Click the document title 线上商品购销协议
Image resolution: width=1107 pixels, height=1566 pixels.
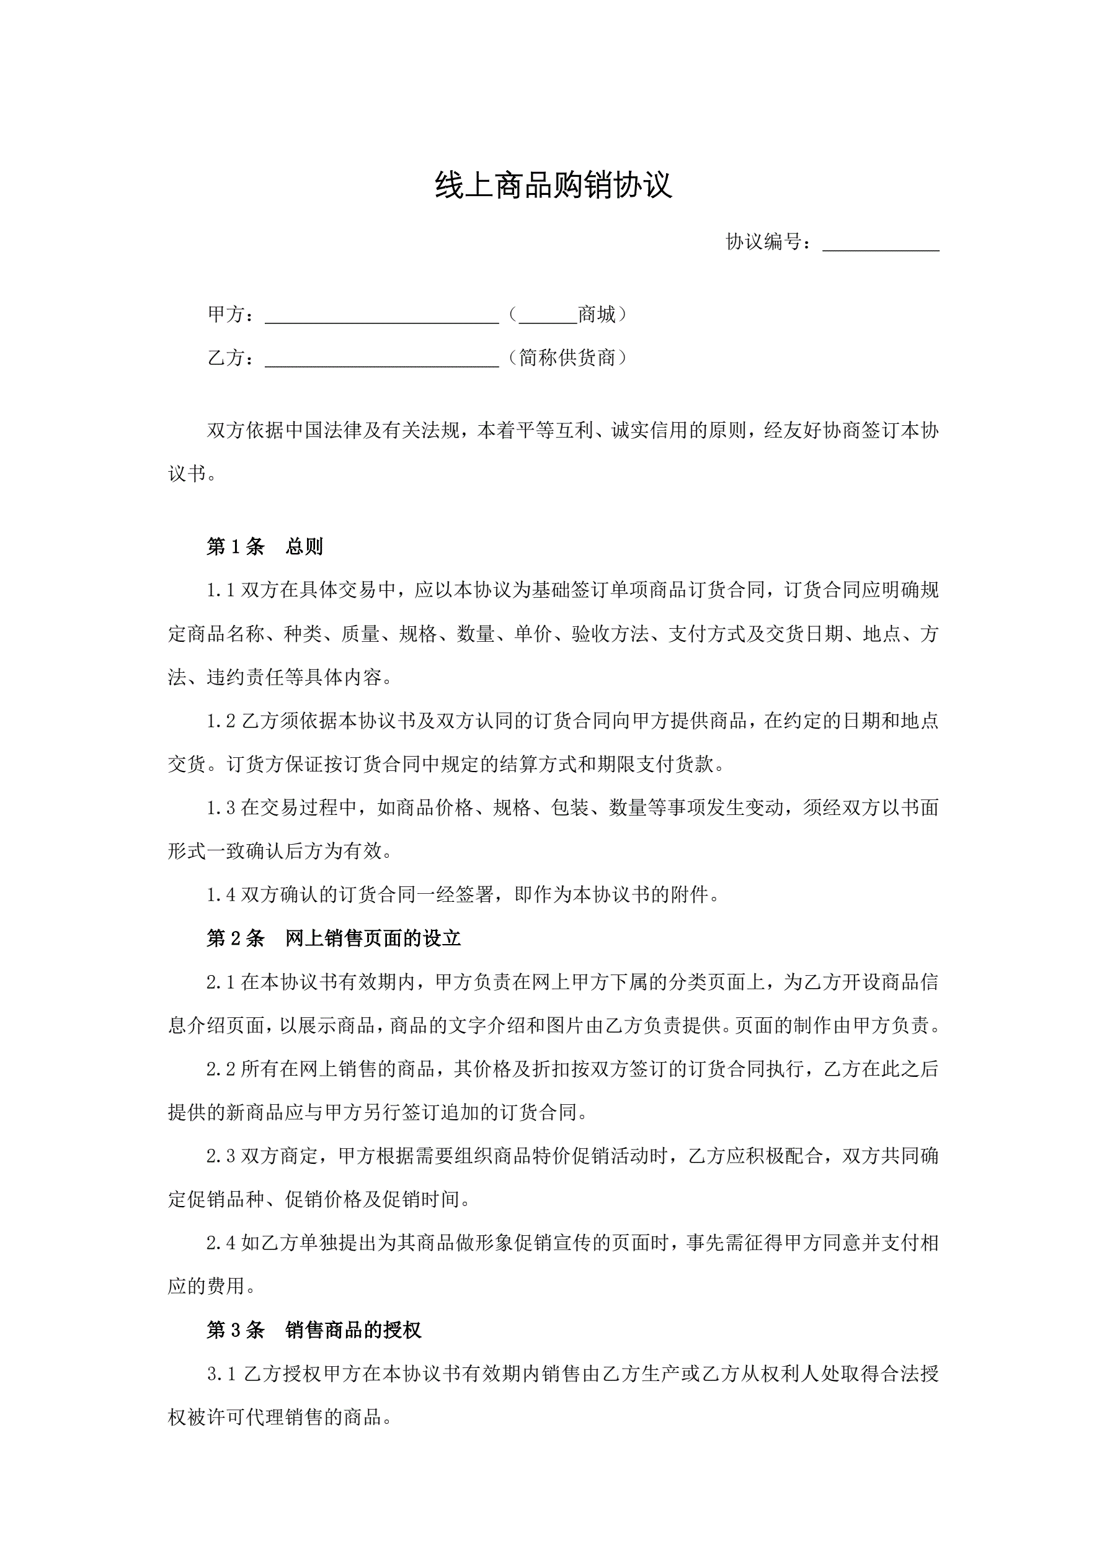pyautogui.click(x=553, y=186)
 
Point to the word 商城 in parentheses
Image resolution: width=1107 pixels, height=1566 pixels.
pyautogui.click(x=597, y=315)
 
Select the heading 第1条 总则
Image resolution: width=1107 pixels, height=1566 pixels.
pyautogui.click(x=264, y=547)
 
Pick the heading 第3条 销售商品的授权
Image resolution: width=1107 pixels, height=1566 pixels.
pyautogui.click(x=314, y=1330)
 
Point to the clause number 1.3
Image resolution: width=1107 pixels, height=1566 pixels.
pyautogui.click(x=221, y=808)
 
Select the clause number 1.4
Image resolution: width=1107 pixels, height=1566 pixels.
pyautogui.click(x=221, y=896)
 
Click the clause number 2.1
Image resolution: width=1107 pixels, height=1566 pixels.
pyautogui.click(x=221, y=983)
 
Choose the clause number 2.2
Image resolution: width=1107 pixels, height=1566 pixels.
pyautogui.click(x=221, y=1069)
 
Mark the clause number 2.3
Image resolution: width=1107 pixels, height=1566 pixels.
pyautogui.click(x=221, y=1157)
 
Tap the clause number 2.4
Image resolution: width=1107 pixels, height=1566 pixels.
pyautogui.click(x=221, y=1243)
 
